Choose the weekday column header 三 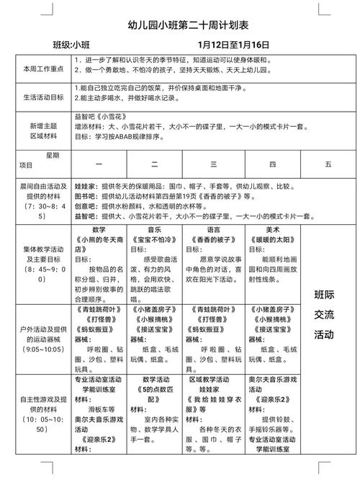(x=213, y=164)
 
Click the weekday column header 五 (x=328, y=164)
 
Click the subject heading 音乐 (x=156, y=229)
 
